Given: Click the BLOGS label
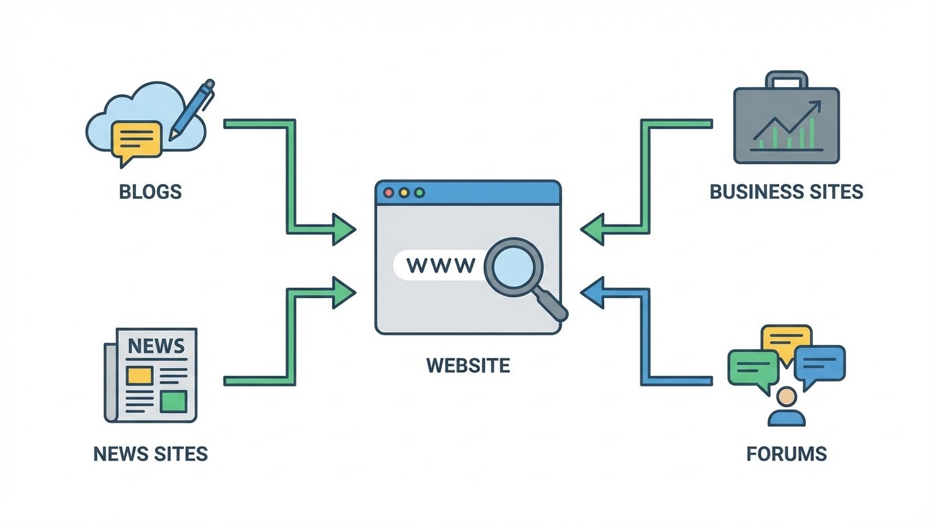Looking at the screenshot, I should click(150, 191).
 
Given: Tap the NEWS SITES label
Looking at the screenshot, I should click(150, 454).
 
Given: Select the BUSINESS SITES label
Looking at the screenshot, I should click(786, 191).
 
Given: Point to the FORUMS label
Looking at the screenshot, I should click(786, 454).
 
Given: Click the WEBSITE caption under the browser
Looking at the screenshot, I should click(468, 364).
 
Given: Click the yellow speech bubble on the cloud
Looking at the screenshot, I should click(136, 141).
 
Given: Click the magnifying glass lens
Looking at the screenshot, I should click(513, 266).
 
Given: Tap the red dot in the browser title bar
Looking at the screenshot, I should click(389, 193).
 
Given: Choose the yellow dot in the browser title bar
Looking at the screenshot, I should click(404, 193).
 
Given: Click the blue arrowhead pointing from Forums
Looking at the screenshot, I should click(592, 293).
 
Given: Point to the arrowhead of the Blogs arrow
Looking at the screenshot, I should click(343, 229).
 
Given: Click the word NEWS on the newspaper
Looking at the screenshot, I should click(157, 345).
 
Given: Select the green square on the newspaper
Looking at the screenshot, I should click(174, 401).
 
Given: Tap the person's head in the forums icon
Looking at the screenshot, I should click(787, 397).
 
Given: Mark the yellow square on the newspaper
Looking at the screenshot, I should click(139, 375).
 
